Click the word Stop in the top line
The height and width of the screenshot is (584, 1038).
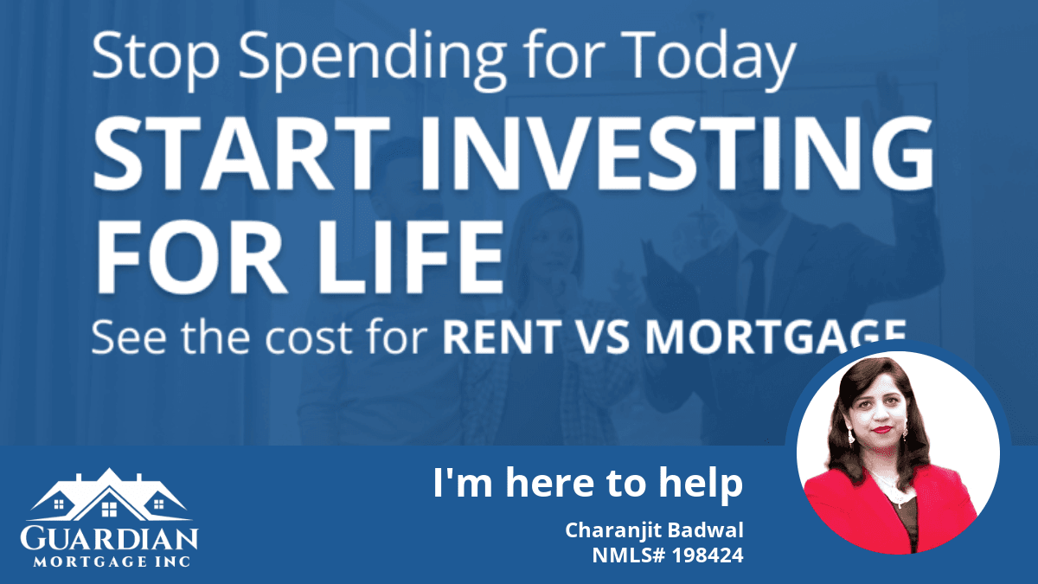click(x=156, y=59)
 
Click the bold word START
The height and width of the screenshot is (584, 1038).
click(x=241, y=153)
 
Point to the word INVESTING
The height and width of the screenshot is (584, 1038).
click(x=677, y=153)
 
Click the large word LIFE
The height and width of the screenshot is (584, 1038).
click(x=411, y=256)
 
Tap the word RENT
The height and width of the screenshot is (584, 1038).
click(x=503, y=337)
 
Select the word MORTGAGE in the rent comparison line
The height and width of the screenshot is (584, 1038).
click(x=776, y=336)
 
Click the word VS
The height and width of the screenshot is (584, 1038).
click(x=604, y=337)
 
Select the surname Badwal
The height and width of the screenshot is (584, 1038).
click(x=705, y=529)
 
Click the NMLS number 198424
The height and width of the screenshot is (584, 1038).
click(x=708, y=555)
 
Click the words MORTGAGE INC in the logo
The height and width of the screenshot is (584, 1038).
click(x=112, y=562)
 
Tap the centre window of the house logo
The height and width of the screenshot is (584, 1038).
click(x=109, y=509)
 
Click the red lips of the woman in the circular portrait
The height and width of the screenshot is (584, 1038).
click(x=881, y=429)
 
